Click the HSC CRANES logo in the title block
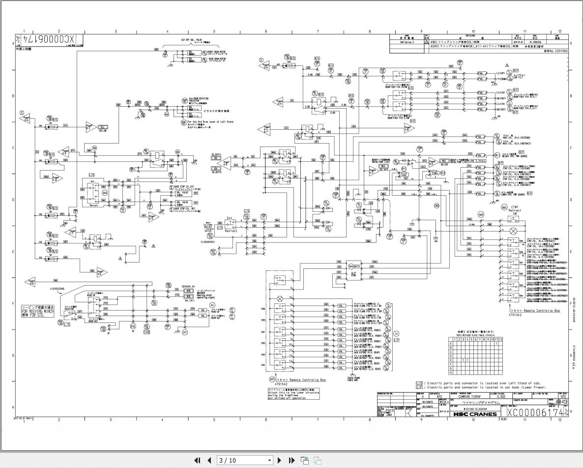click(474, 414)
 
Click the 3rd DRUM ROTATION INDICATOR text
click(199, 100)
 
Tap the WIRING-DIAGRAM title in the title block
click(474, 409)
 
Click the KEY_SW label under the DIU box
click(104, 131)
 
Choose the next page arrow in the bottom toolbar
click(279, 460)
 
